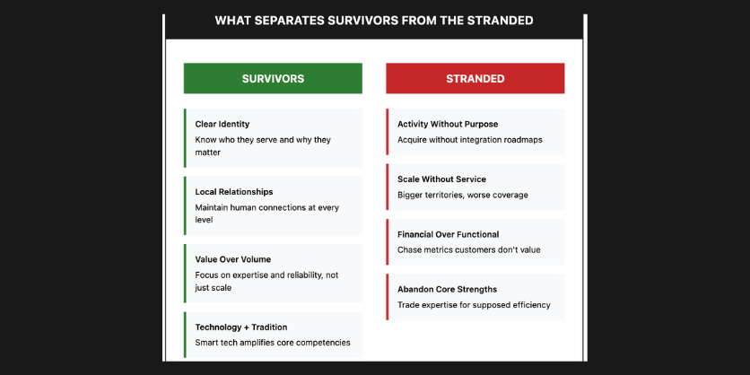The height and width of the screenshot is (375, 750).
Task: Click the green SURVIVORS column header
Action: click(x=273, y=79)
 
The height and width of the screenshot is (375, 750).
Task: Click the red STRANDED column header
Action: click(x=475, y=79)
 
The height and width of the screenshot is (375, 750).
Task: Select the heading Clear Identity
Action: click(x=222, y=124)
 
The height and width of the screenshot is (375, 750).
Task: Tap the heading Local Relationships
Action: click(x=234, y=192)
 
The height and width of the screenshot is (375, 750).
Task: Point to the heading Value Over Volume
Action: click(x=233, y=259)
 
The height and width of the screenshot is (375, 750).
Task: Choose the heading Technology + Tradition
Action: click(x=241, y=327)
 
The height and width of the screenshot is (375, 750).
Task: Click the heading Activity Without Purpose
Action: click(x=448, y=124)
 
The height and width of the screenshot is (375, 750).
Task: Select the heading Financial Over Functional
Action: click(x=449, y=235)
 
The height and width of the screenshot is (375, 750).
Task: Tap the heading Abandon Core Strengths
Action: click(x=447, y=290)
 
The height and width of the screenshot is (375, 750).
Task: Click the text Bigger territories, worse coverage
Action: click(x=463, y=195)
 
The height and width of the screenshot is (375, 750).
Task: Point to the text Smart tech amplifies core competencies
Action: click(x=273, y=343)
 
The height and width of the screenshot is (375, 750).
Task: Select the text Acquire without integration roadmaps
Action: click(x=470, y=140)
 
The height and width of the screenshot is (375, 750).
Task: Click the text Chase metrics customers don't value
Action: click(x=469, y=250)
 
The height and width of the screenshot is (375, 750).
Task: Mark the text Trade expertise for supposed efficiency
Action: click(x=474, y=305)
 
